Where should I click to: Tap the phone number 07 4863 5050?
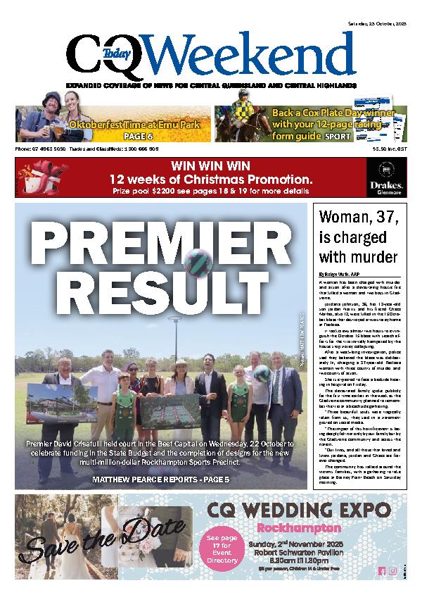click(41, 149)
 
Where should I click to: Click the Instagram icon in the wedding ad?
click(393, 571)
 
